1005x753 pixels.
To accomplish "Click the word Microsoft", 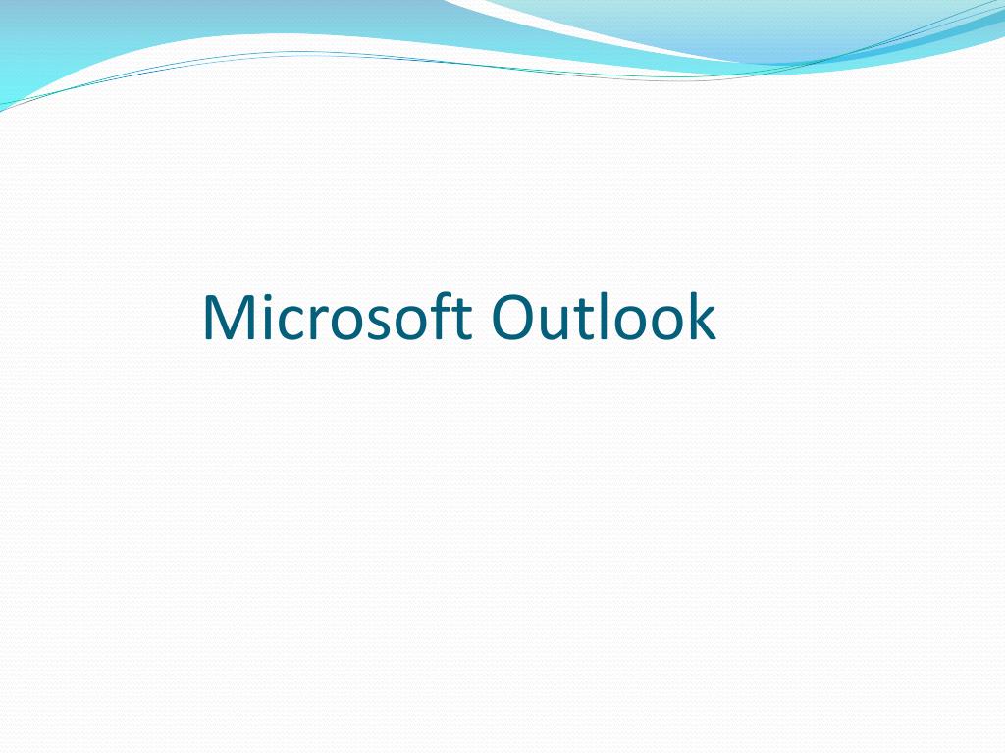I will click(x=338, y=318).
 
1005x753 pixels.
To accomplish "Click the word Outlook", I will click(x=604, y=318).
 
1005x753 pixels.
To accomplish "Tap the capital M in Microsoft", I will click(x=227, y=318).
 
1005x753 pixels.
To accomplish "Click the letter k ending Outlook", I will click(x=701, y=318).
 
